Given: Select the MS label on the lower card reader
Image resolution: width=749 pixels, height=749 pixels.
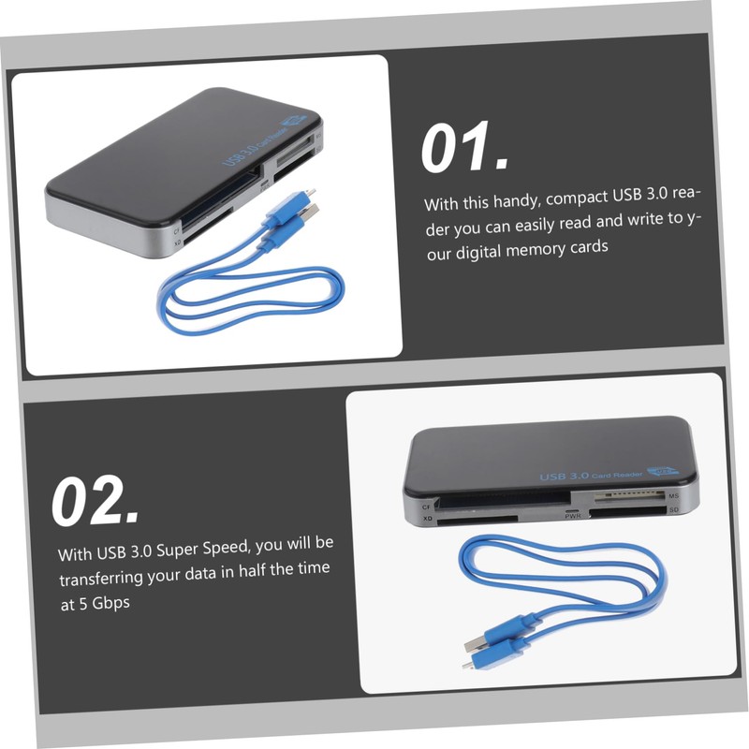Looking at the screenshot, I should click(x=673, y=494).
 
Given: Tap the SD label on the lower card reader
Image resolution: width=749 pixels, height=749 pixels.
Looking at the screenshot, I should click(x=672, y=510).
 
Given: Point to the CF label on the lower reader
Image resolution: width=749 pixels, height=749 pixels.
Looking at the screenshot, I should click(x=428, y=506).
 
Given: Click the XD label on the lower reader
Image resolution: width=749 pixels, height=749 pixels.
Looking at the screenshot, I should click(x=428, y=518).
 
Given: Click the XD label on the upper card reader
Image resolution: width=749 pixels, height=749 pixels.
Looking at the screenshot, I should click(x=176, y=242).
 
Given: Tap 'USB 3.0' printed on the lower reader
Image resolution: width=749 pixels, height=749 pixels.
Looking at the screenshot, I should click(x=564, y=476).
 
